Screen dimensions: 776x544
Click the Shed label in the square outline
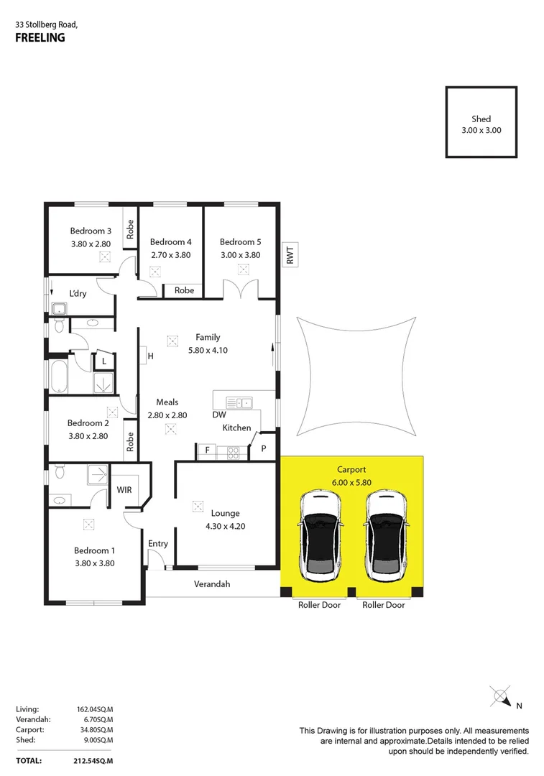point(481,119)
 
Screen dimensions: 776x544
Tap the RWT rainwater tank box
point(290,257)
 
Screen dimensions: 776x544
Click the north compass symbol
point(501,697)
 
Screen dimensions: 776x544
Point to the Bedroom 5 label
point(239,242)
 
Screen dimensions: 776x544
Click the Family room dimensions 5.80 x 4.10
point(208,350)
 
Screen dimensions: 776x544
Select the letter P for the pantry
point(264,449)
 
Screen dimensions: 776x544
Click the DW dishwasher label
point(219,415)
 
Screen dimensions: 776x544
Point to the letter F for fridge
point(208,451)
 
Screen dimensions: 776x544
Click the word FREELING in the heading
point(40,38)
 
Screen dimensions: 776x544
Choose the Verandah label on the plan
point(212,584)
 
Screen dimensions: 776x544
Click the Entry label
point(158,544)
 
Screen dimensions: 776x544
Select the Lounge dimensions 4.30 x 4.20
point(225,527)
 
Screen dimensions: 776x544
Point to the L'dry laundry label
point(78,294)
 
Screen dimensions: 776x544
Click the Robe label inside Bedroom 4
point(185,290)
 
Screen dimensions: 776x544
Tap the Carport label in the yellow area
point(351,470)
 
